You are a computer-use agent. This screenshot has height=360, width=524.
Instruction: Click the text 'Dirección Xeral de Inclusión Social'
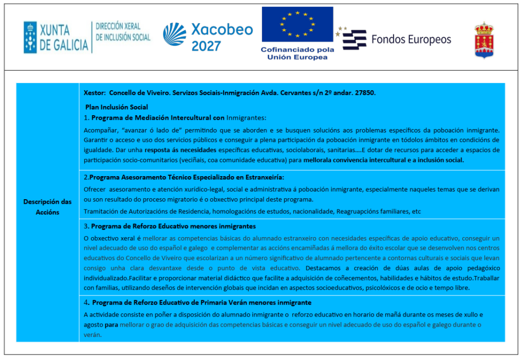(x=123, y=32)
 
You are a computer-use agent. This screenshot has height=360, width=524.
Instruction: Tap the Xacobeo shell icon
(x=174, y=34)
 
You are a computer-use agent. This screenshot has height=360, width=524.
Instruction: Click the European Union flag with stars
(x=297, y=24)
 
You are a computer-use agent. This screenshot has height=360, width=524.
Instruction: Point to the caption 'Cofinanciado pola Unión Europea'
(x=297, y=53)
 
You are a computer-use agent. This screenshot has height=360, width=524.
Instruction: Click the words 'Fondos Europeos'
(x=411, y=39)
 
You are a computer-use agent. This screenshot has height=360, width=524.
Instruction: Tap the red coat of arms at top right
(x=484, y=39)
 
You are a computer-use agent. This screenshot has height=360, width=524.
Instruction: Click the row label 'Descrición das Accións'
(x=48, y=207)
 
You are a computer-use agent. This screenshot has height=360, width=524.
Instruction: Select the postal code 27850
(x=366, y=93)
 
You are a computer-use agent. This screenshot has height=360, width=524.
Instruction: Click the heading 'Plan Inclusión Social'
(x=117, y=107)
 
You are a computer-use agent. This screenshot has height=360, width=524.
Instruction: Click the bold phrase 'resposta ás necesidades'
(x=181, y=150)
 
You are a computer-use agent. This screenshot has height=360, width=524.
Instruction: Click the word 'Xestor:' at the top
(x=94, y=93)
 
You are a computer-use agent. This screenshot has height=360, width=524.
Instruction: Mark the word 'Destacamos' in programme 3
(x=323, y=268)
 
